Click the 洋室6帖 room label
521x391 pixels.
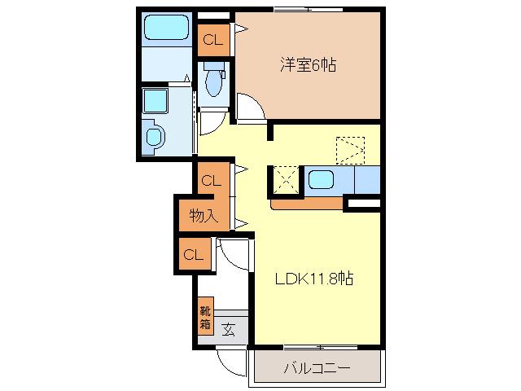[308, 65]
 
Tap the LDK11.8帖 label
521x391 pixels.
[314, 279]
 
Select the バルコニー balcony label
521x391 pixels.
[317, 368]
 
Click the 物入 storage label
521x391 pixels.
[204, 215]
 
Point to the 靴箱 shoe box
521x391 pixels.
[206, 317]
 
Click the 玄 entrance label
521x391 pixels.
[229, 329]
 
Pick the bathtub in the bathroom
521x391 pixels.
[166, 27]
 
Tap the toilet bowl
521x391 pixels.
[213, 81]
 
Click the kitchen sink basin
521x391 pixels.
[321, 180]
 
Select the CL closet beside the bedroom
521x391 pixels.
[213, 40]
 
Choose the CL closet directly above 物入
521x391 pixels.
[212, 181]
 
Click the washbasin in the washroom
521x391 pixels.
[155, 137]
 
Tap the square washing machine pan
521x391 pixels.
[155, 100]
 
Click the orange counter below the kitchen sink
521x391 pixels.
[307, 204]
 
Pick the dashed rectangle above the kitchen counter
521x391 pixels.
[351, 150]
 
